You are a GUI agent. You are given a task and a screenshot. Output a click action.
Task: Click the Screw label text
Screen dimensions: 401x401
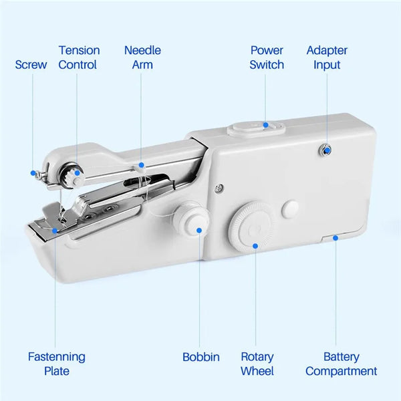point(31,65)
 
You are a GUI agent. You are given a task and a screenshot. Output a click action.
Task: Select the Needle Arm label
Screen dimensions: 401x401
point(142,57)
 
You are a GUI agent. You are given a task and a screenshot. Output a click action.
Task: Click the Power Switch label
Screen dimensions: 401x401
point(267,57)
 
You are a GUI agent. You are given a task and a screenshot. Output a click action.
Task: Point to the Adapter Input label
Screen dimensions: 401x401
point(327,57)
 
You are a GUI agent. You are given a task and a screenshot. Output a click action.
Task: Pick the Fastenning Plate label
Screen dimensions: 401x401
point(57,364)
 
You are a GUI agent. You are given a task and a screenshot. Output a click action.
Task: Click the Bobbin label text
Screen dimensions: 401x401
point(201,357)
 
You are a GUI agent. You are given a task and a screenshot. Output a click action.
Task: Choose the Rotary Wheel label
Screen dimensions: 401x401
point(257,364)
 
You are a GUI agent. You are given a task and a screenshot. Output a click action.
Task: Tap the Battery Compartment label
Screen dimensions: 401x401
point(342,364)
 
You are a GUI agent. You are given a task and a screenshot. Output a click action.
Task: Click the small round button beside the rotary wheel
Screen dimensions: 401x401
point(290,208)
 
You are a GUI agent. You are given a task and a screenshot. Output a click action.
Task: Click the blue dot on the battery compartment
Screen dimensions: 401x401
point(334,235)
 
